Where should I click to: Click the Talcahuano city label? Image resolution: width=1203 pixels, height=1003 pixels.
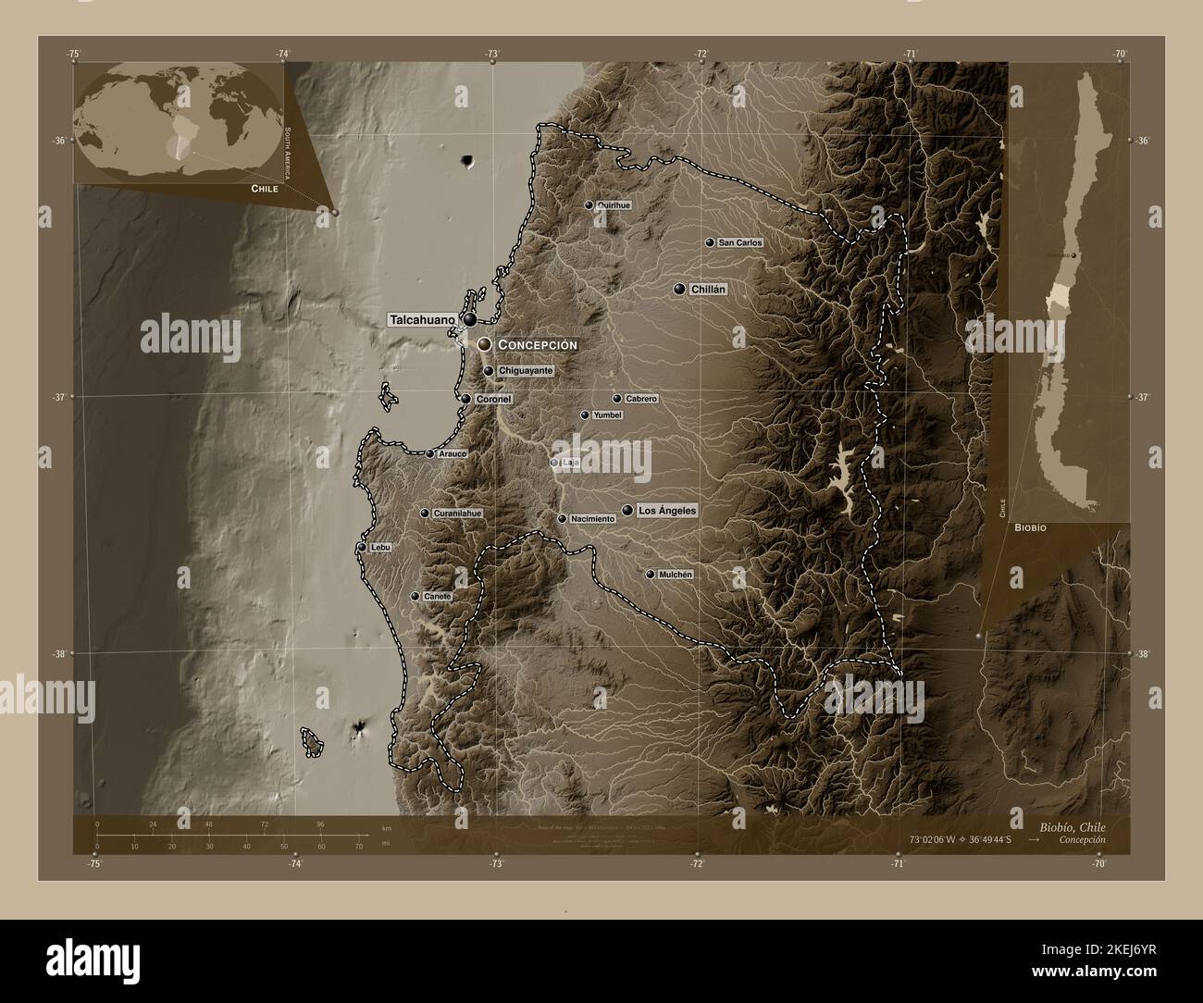click(422, 320)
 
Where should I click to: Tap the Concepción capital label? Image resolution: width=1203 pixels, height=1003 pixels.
click(538, 344)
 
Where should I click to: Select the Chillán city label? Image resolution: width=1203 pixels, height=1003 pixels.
click(709, 290)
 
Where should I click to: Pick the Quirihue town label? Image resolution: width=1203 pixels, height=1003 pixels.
click(614, 205)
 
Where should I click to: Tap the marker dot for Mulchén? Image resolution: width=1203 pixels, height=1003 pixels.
click(651, 575)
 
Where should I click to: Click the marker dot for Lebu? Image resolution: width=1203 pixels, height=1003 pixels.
click(362, 548)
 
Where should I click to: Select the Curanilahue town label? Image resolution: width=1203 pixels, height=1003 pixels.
click(458, 513)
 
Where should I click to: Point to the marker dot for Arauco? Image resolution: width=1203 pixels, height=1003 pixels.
click(430, 454)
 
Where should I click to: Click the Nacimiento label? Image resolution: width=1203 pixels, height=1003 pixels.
click(592, 519)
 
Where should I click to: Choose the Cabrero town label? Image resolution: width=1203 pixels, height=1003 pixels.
click(641, 399)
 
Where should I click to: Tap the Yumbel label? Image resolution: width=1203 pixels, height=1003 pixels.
click(607, 415)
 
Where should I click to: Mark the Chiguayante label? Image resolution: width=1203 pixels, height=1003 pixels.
click(526, 371)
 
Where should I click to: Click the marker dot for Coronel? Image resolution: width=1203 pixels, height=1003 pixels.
click(466, 400)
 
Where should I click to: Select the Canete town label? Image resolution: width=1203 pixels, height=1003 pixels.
click(437, 597)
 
